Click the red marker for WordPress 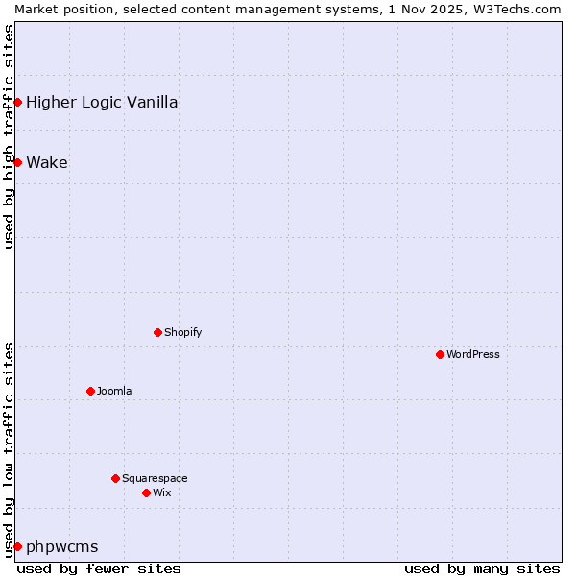point(440,354)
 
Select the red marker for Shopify point(157,332)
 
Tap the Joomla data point point(90,391)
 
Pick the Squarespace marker point(115,478)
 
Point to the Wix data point point(146,492)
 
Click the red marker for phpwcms point(17,546)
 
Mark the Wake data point point(17,162)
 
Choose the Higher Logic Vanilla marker point(17,102)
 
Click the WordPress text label point(473,354)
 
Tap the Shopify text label point(183,332)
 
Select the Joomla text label point(114,391)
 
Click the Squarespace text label point(155,478)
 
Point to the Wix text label point(162,492)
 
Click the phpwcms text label point(62,546)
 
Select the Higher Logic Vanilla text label point(102,102)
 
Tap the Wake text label point(47,162)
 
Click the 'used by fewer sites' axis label point(99,568)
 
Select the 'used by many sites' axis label point(482,568)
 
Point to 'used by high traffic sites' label point(9,136)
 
